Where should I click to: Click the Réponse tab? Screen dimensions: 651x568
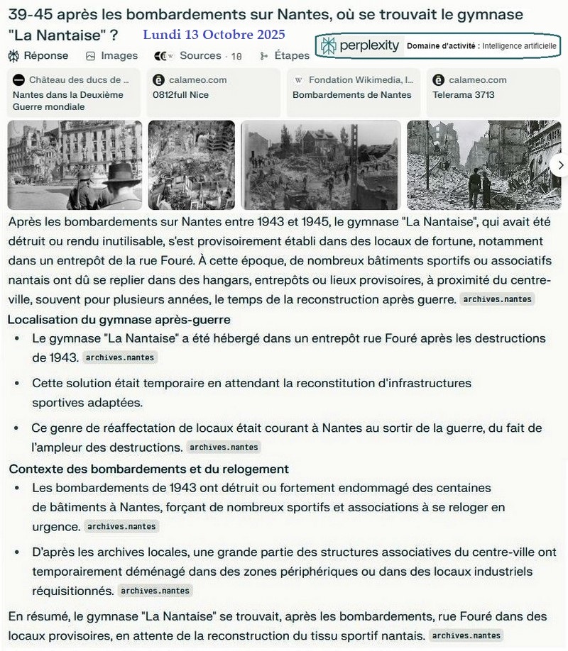tap(39, 55)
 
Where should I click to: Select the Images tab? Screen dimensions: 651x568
tap(112, 55)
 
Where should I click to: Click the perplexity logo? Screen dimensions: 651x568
tap(361, 46)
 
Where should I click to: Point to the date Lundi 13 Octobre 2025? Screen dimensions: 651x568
tap(214, 35)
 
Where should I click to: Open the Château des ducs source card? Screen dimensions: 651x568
tap(73, 93)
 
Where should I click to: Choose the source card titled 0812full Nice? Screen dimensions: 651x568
tap(213, 93)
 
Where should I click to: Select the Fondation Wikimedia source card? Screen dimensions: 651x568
tap(354, 93)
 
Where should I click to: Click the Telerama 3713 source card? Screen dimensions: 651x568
tap(493, 93)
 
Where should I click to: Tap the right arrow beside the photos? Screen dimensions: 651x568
tap(560, 165)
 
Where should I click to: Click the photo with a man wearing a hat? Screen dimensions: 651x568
tap(75, 165)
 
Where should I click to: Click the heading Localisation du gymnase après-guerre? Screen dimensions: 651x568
tap(119, 320)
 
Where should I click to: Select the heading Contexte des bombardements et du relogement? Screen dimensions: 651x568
tap(148, 469)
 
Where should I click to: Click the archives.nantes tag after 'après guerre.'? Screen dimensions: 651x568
tap(497, 299)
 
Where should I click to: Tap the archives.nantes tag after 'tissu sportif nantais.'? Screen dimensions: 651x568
tap(467, 635)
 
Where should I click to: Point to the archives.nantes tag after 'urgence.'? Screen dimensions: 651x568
tap(121, 527)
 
